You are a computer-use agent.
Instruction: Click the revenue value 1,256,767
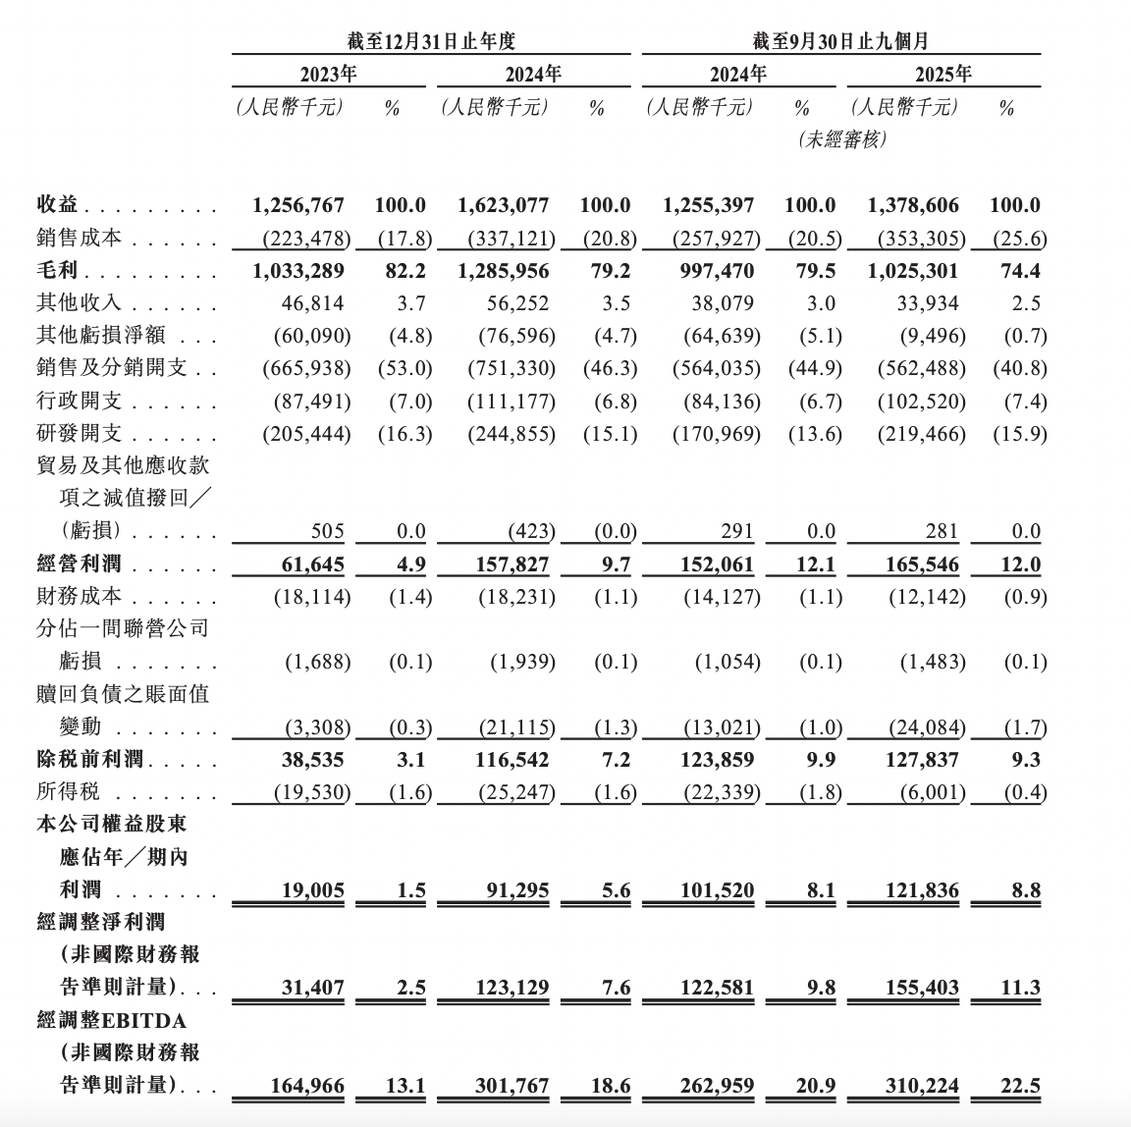pyautogui.click(x=297, y=205)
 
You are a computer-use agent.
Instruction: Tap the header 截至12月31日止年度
pyautogui.click(x=431, y=40)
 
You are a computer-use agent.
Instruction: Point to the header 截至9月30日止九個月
pyautogui.click(x=840, y=40)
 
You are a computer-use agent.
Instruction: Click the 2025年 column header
pyautogui.click(x=942, y=74)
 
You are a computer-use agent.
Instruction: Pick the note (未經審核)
pyautogui.click(x=843, y=139)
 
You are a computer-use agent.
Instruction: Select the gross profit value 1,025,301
pyautogui.click(x=913, y=271)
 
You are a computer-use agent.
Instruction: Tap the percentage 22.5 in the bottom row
pyautogui.click(x=1022, y=1087)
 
